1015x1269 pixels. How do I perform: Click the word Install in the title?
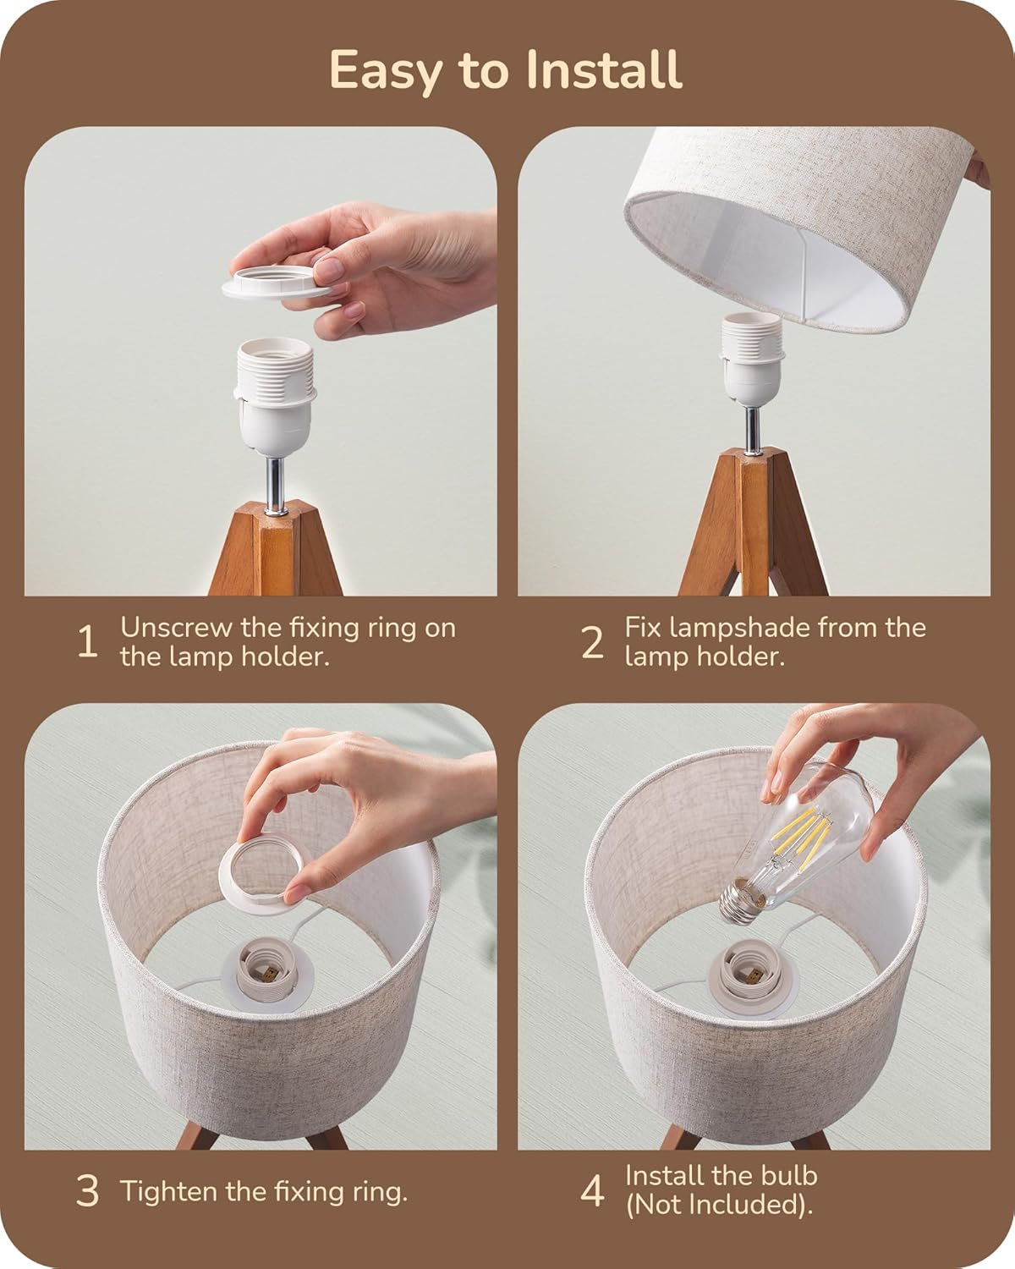(602, 70)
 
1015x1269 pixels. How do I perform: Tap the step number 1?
(86, 643)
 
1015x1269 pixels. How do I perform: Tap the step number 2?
(593, 643)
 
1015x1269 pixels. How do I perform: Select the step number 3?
(86, 1192)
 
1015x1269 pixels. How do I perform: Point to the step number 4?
(593, 1192)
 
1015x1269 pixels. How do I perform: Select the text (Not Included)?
(718, 1206)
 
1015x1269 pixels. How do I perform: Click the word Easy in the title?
(384, 70)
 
